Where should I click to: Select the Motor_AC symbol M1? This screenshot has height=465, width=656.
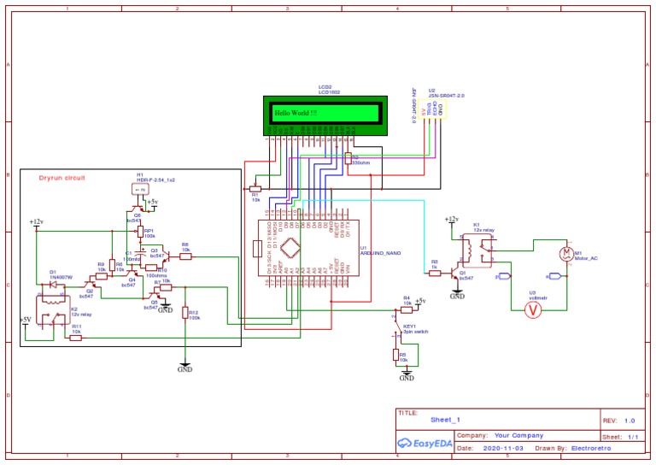pos(565,252)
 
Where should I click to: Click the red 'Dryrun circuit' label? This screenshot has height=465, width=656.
pos(63,178)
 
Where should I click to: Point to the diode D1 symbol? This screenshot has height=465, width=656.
pos(53,284)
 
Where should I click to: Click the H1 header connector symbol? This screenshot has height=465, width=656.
pos(138,193)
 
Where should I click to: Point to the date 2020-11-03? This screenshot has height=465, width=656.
pos(504,448)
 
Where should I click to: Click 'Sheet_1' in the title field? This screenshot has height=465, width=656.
pos(445,421)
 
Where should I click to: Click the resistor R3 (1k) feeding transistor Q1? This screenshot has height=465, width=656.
pos(435,273)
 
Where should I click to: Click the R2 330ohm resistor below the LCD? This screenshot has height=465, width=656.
pos(347,159)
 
